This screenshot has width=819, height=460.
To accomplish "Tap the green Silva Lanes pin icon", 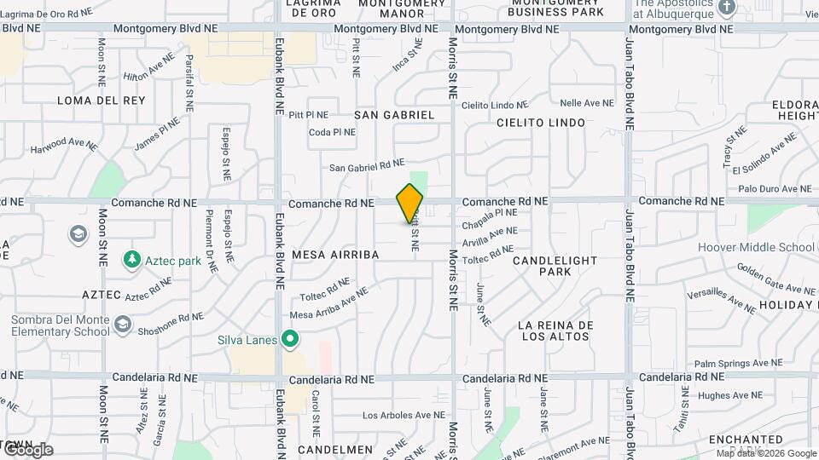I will (290, 340).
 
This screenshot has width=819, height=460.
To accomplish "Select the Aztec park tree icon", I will (131, 258).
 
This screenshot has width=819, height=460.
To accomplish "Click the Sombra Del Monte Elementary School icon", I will (123, 324).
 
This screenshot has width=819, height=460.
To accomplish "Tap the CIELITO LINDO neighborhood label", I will (541, 123).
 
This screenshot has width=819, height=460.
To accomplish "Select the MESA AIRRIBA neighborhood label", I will (334, 255).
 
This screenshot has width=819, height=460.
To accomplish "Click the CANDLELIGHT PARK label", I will (555, 265).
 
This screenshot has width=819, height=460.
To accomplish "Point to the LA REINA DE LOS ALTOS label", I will (555, 331).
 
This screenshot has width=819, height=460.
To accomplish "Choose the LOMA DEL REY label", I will (102, 101).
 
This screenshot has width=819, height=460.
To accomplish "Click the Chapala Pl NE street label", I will (491, 218).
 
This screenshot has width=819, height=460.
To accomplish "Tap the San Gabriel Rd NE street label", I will (367, 165).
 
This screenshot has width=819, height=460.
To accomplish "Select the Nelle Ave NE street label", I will (587, 103).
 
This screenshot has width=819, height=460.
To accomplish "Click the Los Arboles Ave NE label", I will (404, 416).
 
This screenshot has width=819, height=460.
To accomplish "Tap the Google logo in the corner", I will (27, 450).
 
